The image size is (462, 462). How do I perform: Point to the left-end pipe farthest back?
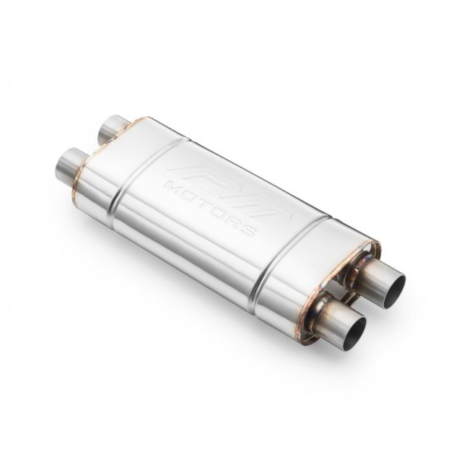coord(112,128)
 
